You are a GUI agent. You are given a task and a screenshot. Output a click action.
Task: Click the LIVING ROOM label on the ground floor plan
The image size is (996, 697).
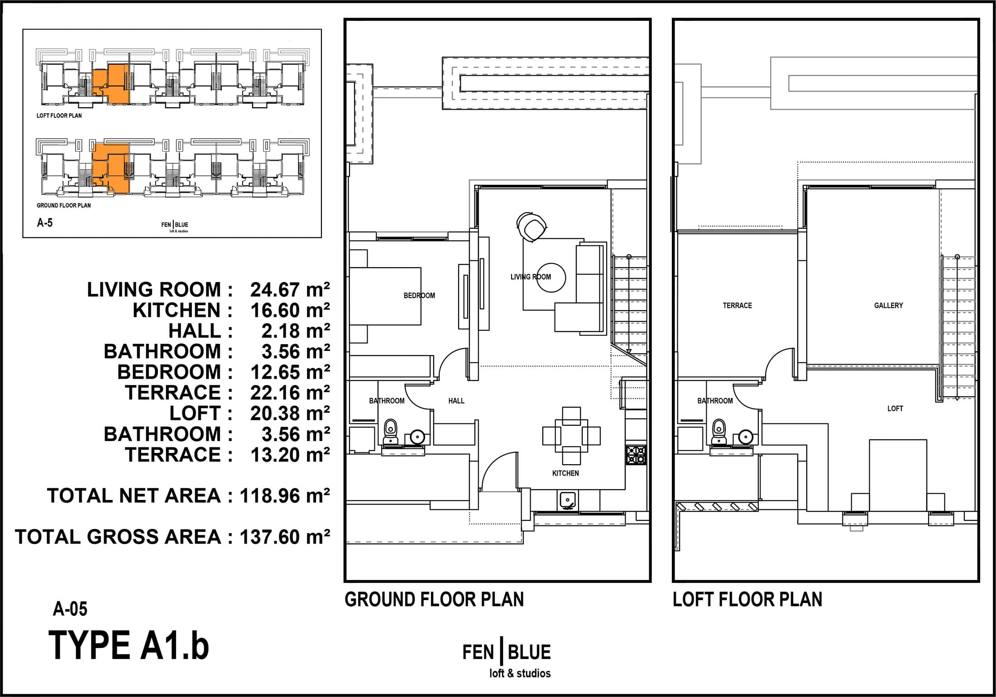pyautogui.click(x=531, y=277)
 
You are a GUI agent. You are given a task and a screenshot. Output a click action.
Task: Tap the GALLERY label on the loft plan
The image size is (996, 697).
pyautogui.click(x=888, y=306)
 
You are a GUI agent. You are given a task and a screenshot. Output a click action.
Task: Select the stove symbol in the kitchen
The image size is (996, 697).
pyautogui.click(x=636, y=455)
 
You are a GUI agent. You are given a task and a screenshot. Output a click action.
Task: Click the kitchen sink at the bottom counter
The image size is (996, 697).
pyautogui.click(x=567, y=500)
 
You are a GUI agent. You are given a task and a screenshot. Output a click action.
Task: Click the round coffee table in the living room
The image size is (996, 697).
pyautogui.click(x=551, y=278)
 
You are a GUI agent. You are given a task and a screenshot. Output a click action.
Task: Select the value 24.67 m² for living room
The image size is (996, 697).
pyautogui.click(x=290, y=289)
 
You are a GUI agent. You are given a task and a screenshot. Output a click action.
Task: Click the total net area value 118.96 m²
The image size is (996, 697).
pyautogui.click(x=285, y=496)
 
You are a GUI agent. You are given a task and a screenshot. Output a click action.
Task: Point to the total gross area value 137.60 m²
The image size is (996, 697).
pyautogui.click(x=285, y=537)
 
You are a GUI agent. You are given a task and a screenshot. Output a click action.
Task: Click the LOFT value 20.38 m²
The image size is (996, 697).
pyautogui.click(x=290, y=413)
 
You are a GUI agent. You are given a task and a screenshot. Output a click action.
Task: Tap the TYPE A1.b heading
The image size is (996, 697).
pyautogui.click(x=129, y=646)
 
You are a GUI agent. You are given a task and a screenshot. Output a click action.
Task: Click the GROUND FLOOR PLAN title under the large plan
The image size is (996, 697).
pyautogui.click(x=434, y=600)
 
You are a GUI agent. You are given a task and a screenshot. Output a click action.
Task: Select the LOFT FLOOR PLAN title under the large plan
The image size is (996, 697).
pyautogui.click(x=747, y=600)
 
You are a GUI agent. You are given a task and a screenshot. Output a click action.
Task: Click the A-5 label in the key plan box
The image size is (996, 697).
pyautogui.click(x=45, y=222)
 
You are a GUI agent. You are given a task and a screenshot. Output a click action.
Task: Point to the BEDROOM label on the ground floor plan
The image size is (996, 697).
pyautogui.click(x=419, y=296)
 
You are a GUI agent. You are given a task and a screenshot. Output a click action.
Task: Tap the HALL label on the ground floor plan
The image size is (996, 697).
pyautogui.click(x=456, y=401)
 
